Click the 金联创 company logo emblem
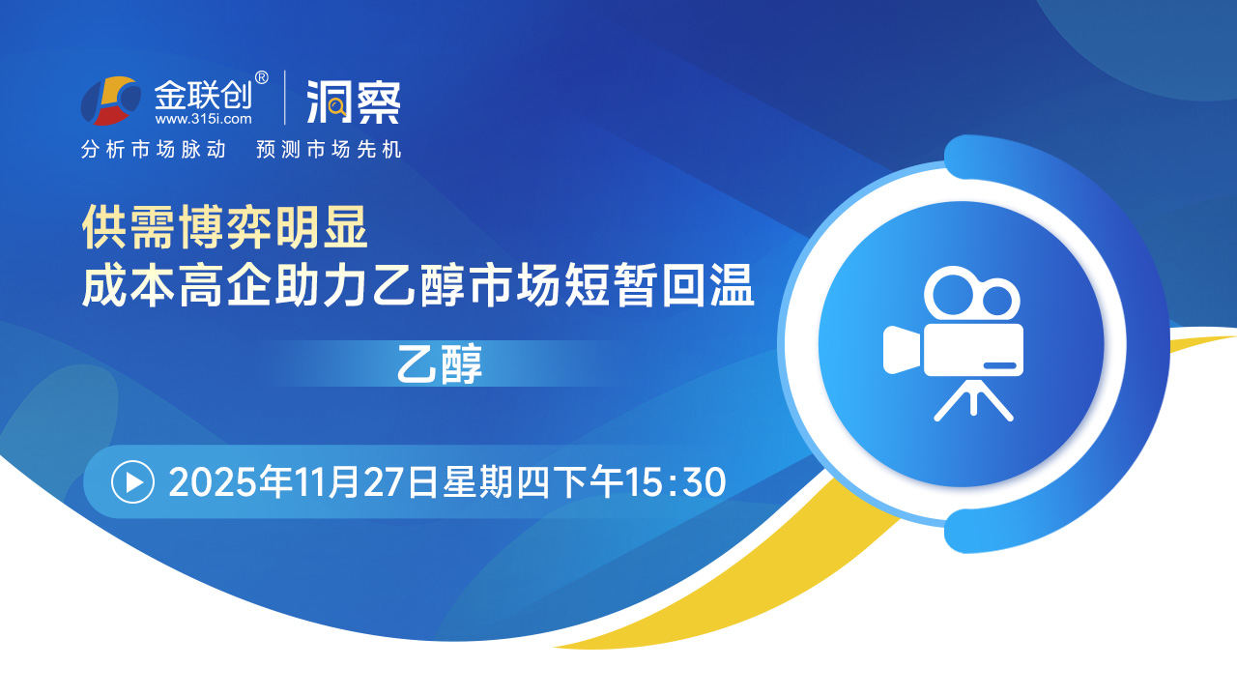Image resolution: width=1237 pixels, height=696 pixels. [110, 101]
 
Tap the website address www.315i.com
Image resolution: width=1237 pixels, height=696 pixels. [203, 119]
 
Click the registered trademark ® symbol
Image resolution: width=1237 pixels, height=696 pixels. [261, 78]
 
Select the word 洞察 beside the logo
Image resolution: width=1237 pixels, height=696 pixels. [354, 101]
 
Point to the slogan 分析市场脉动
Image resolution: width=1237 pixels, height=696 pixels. [154, 150]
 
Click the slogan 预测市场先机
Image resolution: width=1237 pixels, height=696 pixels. [329, 150]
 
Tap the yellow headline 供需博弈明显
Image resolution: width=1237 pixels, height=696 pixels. [225, 227]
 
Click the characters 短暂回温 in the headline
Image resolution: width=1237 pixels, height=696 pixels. [659, 285]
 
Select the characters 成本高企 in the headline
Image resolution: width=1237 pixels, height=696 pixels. [177, 285]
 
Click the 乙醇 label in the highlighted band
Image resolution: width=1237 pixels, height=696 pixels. [440, 364]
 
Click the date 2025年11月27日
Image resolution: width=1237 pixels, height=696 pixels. [303, 482]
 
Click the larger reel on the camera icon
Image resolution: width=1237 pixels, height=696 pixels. [950, 293]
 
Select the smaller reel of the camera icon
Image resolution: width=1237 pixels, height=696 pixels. [997, 300]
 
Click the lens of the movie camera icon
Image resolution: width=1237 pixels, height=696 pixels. [902, 350]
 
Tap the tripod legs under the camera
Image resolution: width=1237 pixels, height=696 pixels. [973, 399]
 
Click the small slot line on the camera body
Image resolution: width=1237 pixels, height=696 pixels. [999, 365]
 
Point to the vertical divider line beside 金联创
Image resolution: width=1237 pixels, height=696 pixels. [285, 98]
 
